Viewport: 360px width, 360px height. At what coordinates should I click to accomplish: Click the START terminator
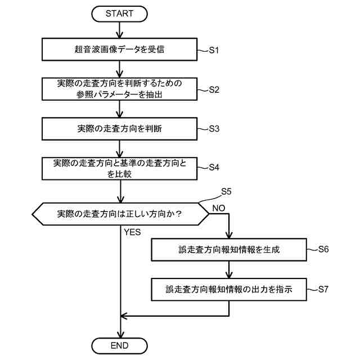(120, 13)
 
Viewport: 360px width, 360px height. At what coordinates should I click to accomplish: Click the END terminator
(120, 345)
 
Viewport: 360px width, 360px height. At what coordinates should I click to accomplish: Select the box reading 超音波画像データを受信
(120, 50)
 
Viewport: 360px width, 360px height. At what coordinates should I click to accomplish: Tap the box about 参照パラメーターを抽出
(120, 89)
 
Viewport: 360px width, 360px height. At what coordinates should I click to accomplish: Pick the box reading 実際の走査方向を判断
(120, 128)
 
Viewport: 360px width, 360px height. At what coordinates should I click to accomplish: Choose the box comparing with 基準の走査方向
(120, 168)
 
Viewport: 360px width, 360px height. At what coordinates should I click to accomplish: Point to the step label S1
(214, 50)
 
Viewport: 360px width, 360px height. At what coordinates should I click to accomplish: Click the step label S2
(214, 89)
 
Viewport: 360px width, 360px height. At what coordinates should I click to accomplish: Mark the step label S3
(214, 128)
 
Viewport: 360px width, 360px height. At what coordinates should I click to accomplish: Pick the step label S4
(214, 167)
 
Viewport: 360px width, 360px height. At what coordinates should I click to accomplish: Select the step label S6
(323, 249)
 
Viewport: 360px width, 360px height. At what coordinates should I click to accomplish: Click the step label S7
(323, 289)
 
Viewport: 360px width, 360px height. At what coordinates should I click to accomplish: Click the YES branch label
(132, 232)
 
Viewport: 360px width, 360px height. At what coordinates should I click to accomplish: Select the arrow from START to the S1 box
(120, 29)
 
